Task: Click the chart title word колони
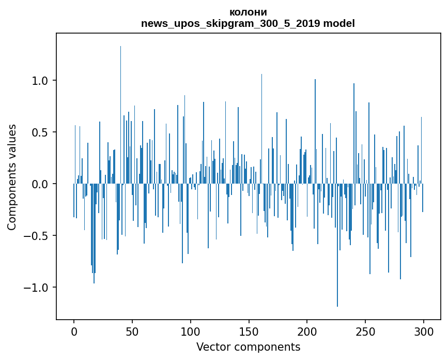tap(248, 12)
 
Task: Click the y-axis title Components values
tap(12, 177)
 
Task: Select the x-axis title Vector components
tap(248, 347)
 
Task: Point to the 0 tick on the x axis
tap(74, 331)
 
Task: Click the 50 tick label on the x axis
tap(132, 331)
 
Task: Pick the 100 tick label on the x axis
tap(191, 331)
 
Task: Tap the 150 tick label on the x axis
tap(249, 331)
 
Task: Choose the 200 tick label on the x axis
tap(307, 331)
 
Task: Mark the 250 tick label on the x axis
tap(365, 331)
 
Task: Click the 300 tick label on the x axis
tap(424, 331)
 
